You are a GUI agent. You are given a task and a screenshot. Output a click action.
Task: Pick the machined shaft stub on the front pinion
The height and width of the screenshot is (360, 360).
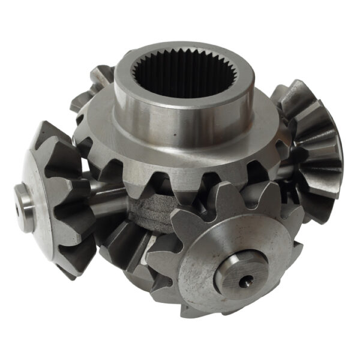(x=240, y=273)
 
